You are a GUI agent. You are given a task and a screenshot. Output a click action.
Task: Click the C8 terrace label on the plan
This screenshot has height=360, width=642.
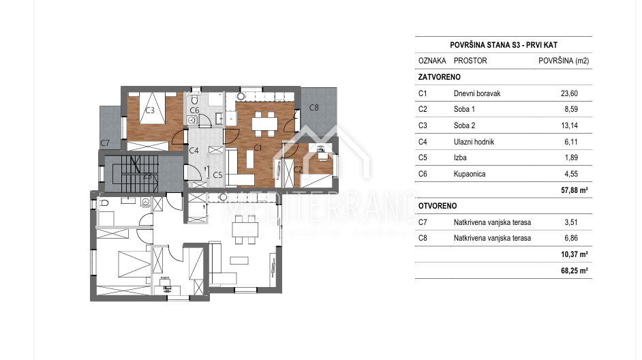(314, 107)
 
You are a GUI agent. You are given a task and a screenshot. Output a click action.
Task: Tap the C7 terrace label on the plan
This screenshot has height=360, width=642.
(105, 143)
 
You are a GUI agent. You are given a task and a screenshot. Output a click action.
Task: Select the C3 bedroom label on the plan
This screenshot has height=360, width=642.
(150, 110)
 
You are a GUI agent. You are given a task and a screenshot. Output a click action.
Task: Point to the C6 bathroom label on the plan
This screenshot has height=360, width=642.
(194, 110)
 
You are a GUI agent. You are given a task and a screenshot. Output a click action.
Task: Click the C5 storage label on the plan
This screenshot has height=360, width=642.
(217, 175)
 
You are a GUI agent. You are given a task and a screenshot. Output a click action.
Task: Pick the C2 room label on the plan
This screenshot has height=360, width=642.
(298, 169)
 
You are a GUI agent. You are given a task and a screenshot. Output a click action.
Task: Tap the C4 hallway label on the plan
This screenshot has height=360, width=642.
(194, 151)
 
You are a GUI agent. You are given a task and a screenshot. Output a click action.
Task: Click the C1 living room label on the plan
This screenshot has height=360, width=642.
(258, 147)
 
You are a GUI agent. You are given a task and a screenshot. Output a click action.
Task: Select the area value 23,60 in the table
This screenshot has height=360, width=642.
(569, 93)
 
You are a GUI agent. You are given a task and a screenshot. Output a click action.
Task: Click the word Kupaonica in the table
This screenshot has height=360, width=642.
(470, 174)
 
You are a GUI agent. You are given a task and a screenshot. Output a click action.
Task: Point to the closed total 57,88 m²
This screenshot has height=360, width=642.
(575, 190)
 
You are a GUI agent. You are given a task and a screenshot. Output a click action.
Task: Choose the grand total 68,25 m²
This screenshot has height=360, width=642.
(575, 271)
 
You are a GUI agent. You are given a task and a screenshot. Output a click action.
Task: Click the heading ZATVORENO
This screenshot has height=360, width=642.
(440, 77)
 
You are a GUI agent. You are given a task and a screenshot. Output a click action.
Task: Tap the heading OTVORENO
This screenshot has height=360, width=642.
(438, 206)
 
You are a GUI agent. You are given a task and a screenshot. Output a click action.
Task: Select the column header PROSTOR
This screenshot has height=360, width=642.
(470, 61)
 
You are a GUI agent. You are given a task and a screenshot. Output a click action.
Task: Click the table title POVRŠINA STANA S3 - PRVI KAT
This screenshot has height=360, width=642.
(504, 45)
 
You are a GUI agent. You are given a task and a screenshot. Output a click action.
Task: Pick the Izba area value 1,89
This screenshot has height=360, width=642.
(571, 157)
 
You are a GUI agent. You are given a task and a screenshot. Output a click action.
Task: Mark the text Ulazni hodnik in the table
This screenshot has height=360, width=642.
(474, 142)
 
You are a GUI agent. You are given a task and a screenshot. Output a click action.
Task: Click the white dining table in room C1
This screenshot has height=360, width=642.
(264, 123)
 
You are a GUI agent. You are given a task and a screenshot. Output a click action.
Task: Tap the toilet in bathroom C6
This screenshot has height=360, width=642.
(194, 100)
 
